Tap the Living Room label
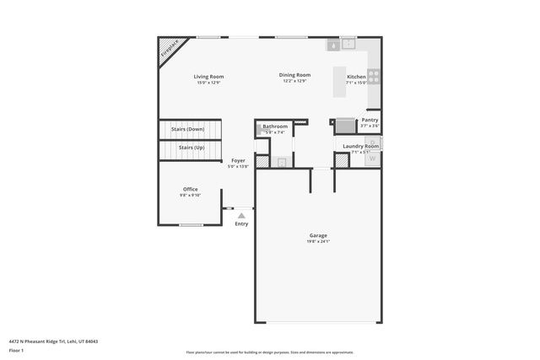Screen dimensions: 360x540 tap(209, 77)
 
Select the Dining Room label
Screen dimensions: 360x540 tap(295, 75)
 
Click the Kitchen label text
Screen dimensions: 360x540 tap(357, 78)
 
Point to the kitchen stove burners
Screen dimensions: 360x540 tap(373, 77)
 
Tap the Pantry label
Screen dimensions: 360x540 tap(370, 120)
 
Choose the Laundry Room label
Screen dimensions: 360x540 tap(361, 146)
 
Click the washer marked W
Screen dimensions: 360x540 tap(371, 158)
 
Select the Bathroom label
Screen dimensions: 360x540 tap(275, 126)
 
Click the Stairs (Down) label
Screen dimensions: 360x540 tap(187, 129)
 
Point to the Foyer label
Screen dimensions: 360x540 tap(238, 160)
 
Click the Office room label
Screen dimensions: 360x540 tap(191, 189)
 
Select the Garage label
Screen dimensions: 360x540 tap(318, 235)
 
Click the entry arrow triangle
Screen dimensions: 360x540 tap(241, 216)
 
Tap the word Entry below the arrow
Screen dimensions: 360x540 tap(241, 223)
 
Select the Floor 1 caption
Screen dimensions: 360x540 tap(16, 349)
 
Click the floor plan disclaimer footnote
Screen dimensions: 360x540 tap(269, 352)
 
